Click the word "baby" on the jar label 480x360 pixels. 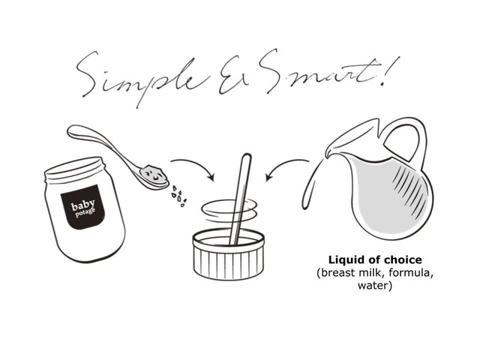point(83,205)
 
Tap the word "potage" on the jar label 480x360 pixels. point(85,212)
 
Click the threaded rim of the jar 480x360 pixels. point(75,170)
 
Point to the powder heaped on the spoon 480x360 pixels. point(154,174)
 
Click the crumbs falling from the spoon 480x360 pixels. point(179,196)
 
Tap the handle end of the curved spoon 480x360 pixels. point(73,132)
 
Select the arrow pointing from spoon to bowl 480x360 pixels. point(193,166)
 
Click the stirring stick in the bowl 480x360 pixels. point(241,199)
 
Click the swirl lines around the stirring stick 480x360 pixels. point(229,211)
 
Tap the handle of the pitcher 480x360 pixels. point(407,138)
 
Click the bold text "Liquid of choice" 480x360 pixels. point(375,260)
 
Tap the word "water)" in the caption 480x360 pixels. point(375,286)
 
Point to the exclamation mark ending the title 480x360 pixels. point(389,72)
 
